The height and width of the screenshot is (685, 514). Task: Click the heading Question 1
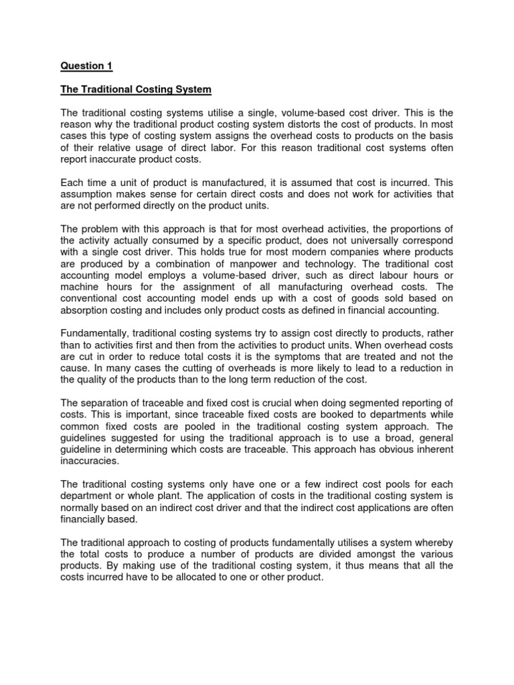coord(87,66)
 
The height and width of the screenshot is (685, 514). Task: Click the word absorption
coord(88,311)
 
